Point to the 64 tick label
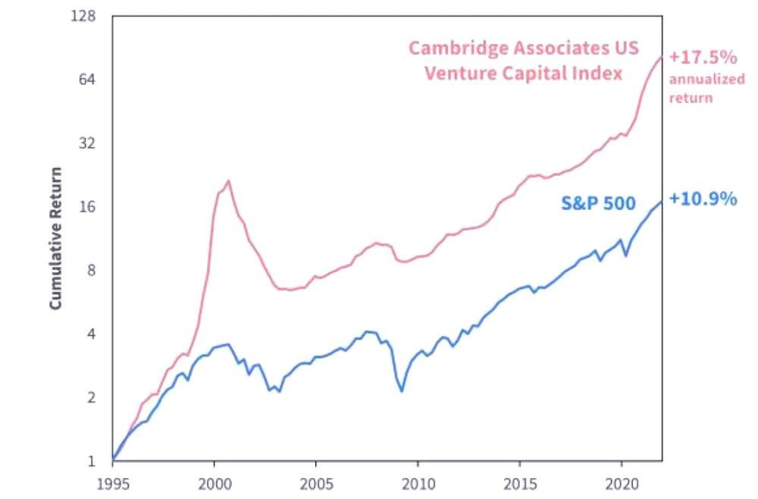(x=89, y=80)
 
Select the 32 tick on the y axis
(x=89, y=143)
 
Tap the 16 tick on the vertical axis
(x=89, y=207)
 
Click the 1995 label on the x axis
(x=112, y=483)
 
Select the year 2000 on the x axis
(x=214, y=483)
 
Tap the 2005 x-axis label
(x=315, y=483)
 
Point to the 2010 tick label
(x=418, y=483)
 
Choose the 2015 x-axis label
(x=519, y=483)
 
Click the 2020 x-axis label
(x=622, y=483)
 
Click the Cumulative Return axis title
(x=55, y=237)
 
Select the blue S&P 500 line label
(x=598, y=202)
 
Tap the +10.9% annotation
(x=703, y=199)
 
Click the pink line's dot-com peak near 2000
(x=228, y=180)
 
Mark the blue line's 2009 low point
(x=401, y=391)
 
